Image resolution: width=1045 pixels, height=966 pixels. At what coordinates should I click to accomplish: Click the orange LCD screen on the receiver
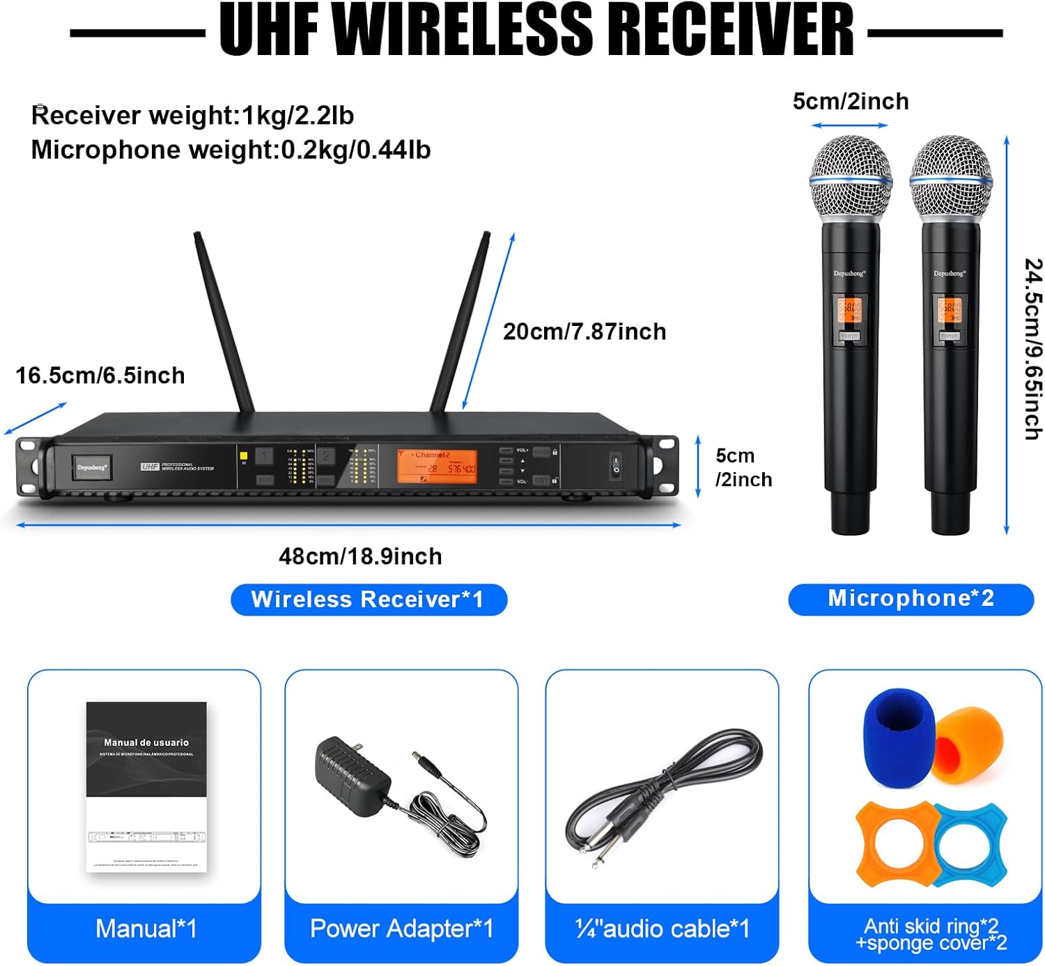(437, 465)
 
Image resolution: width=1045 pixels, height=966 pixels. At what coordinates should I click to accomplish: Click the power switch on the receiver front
(616, 465)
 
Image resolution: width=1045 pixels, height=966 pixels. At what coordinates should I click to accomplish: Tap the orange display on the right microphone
(950, 309)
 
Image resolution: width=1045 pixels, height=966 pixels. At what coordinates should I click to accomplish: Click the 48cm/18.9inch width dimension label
(360, 556)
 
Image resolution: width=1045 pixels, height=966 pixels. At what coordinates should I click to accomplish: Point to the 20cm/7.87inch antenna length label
(585, 332)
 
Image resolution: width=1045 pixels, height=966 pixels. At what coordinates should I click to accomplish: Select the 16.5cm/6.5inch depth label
(100, 375)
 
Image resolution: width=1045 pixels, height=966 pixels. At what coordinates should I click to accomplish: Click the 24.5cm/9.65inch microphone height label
(1032, 349)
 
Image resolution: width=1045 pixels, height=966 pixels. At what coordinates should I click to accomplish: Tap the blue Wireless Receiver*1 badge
(369, 600)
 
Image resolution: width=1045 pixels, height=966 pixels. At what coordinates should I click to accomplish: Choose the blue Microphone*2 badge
(911, 599)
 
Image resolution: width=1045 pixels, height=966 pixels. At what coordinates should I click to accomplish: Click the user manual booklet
(146, 786)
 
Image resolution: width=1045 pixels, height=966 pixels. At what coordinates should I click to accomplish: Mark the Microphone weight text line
(231, 150)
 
